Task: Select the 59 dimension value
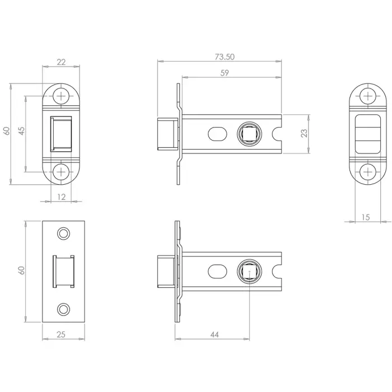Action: click(225, 73)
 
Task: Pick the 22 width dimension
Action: click(62, 62)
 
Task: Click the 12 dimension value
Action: click(62, 197)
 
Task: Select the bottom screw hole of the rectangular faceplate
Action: click(63, 309)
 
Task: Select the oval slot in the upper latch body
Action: click(217, 133)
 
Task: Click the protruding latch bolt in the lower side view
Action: click(165, 271)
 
